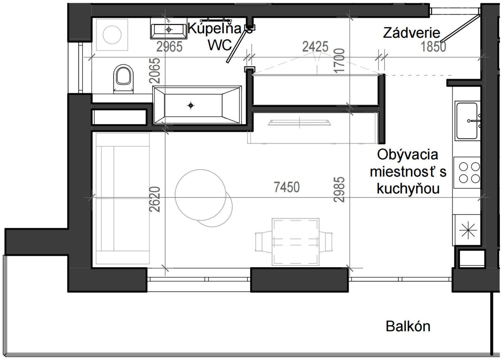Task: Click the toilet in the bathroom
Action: (x=123, y=79)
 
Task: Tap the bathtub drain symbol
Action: (x=191, y=106)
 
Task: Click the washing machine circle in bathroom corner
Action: (x=112, y=35)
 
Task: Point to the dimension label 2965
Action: (x=169, y=47)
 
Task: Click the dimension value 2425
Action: (x=315, y=47)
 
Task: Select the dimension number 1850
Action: (x=433, y=47)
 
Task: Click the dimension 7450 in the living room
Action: (x=286, y=187)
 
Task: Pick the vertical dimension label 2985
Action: (x=339, y=189)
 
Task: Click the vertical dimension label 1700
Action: (x=339, y=61)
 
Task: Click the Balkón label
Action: (x=408, y=326)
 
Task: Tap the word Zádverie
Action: (x=411, y=33)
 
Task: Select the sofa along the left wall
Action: (x=122, y=199)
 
